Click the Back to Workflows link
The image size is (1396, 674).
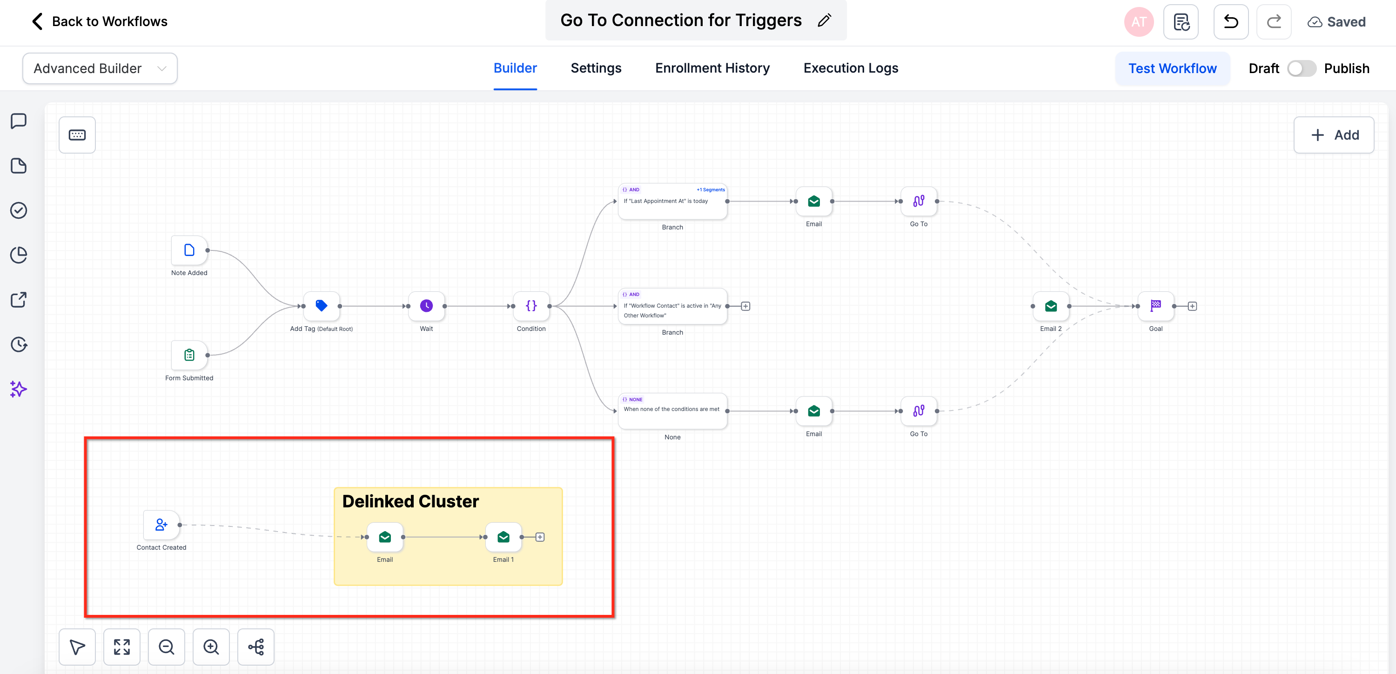point(100,22)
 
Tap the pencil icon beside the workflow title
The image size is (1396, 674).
point(824,20)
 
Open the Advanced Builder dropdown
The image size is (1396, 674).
point(100,69)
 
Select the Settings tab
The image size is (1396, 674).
point(596,68)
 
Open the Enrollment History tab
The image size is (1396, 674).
point(712,68)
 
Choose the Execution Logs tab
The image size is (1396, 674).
point(850,68)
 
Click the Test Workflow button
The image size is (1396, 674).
point(1172,69)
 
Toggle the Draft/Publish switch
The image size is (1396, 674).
point(1301,69)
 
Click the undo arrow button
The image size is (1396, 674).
point(1231,22)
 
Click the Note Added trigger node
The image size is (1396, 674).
point(189,250)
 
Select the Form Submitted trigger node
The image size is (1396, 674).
point(189,355)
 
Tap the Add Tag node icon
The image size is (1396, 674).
point(322,306)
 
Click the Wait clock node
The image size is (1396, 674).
point(427,306)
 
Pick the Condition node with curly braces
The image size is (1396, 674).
point(531,306)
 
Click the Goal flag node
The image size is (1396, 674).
point(1155,306)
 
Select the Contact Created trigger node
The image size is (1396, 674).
point(161,525)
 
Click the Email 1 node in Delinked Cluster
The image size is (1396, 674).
point(503,537)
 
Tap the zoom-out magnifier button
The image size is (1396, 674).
point(167,647)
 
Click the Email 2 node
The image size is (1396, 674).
point(1051,306)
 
